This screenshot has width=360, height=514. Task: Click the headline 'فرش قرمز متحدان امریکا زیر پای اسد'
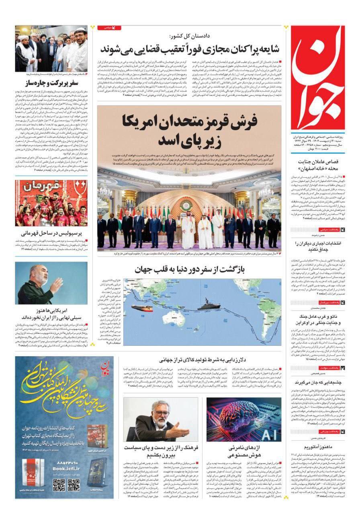click(189, 131)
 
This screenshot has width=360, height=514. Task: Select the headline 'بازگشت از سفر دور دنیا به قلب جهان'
click(188, 269)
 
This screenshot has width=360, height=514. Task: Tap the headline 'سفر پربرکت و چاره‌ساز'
click(51, 84)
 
